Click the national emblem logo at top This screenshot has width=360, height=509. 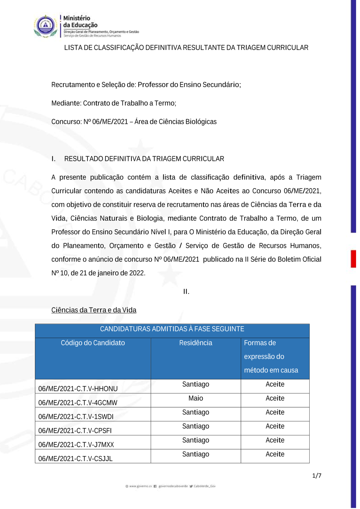[45, 26]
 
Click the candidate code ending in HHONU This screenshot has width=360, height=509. [78, 389]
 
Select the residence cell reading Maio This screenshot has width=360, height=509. [195, 398]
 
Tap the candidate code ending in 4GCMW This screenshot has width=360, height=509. [78, 403]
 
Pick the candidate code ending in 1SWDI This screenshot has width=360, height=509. [76, 417]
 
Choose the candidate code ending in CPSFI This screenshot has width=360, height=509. [75, 431]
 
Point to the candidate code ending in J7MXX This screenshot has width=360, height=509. [76, 445]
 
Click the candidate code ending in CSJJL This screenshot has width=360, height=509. [75, 459]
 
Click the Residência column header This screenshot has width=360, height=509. [195, 343]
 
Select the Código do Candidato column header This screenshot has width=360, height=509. [93, 343]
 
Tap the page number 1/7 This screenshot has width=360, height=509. [316, 476]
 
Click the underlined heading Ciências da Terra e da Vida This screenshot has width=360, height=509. [94, 310]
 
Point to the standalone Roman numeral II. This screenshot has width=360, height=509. [186, 292]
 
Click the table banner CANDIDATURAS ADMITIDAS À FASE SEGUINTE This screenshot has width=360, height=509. [172, 329]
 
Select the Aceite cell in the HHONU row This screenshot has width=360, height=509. [275, 384]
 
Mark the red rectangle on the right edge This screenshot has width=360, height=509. [354, 259]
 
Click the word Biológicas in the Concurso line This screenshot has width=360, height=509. [201, 122]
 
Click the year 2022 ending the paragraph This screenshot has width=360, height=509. [137, 273]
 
